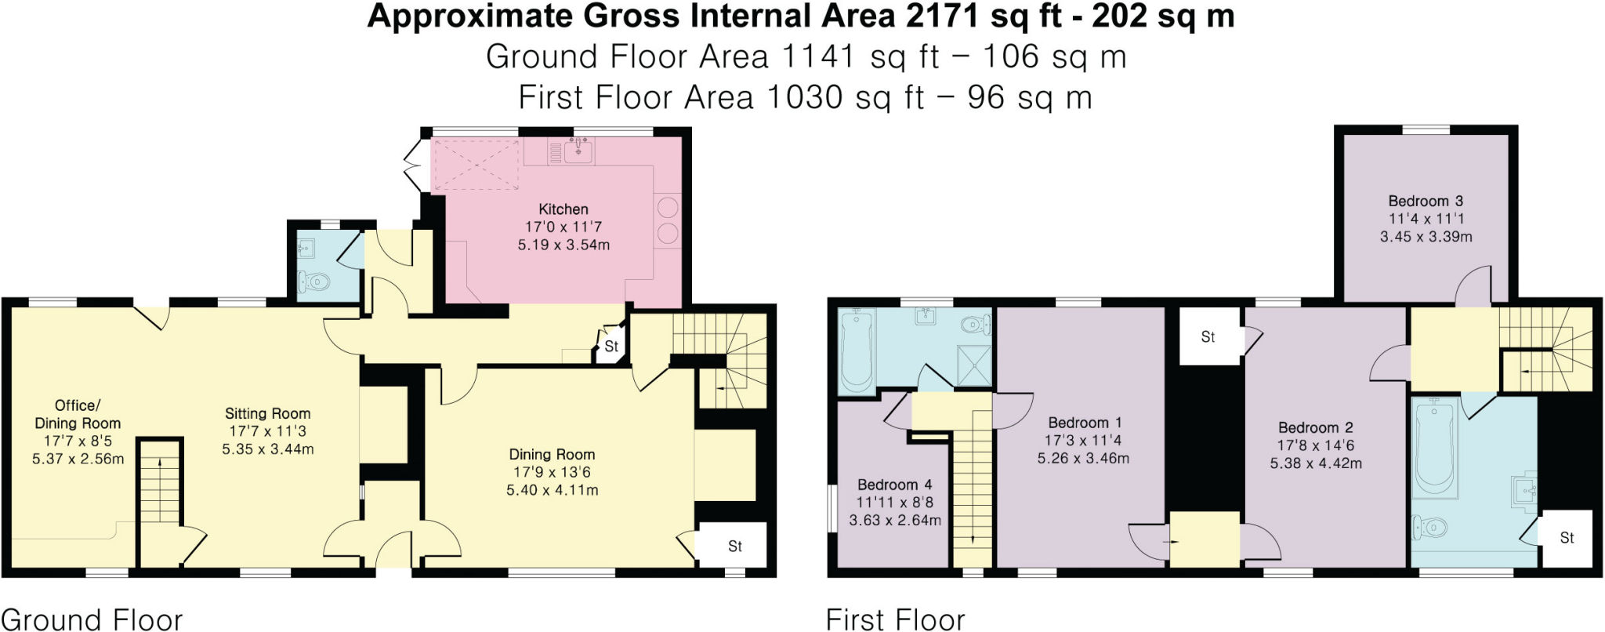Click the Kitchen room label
click(563, 209)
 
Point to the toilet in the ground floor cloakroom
click(316, 281)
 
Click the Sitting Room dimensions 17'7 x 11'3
click(267, 431)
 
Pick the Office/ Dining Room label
click(78, 414)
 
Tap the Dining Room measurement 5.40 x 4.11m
click(552, 490)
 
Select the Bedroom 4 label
click(894, 485)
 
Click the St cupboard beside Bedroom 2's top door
click(1208, 337)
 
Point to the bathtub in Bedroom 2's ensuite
click(1434, 447)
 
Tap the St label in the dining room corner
click(734, 546)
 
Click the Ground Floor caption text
click(92, 619)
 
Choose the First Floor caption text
click(895, 619)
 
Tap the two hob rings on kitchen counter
click(668, 220)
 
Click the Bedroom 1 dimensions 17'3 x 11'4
click(1085, 441)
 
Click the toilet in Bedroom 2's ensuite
click(1429, 528)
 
